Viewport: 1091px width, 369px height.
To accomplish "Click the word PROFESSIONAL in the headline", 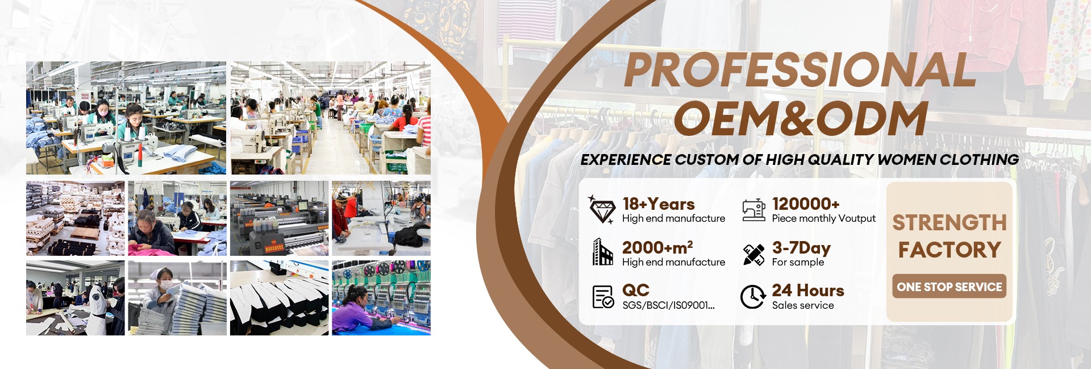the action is [x=800, y=70].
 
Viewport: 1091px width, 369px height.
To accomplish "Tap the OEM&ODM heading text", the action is [x=801, y=118].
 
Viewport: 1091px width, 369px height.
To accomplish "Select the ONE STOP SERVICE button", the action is [x=950, y=287].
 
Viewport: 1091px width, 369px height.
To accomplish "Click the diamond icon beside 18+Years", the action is [x=601, y=209].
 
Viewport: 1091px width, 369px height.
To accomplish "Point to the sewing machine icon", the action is [x=753, y=210].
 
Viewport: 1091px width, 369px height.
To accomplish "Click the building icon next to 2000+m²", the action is [x=603, y=252].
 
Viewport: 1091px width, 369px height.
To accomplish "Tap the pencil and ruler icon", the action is [x=753, y=254].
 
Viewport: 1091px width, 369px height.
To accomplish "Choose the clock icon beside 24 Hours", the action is [x=753, y=297].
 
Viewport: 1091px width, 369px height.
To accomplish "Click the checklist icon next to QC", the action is [x=603, y=297].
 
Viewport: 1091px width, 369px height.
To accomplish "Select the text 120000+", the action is [x=806, y=204].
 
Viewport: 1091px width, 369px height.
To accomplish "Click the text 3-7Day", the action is [x=801, y=248].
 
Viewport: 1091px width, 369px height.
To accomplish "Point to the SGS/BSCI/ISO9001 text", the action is [x=668, y=305].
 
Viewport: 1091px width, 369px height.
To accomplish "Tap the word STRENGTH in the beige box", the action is [x=950, y=222].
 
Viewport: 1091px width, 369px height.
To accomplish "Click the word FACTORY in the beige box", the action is [x=950, y=250].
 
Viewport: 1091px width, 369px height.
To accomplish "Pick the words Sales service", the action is [x=803, y=305].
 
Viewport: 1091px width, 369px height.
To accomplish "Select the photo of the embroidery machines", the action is [x=381, y=298].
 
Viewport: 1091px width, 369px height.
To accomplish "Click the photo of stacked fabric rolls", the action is [x=76, y=218].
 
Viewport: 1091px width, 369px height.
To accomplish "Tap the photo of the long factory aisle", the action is [x=330, y=118].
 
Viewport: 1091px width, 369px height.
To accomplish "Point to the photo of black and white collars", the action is [x=279, y=298].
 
